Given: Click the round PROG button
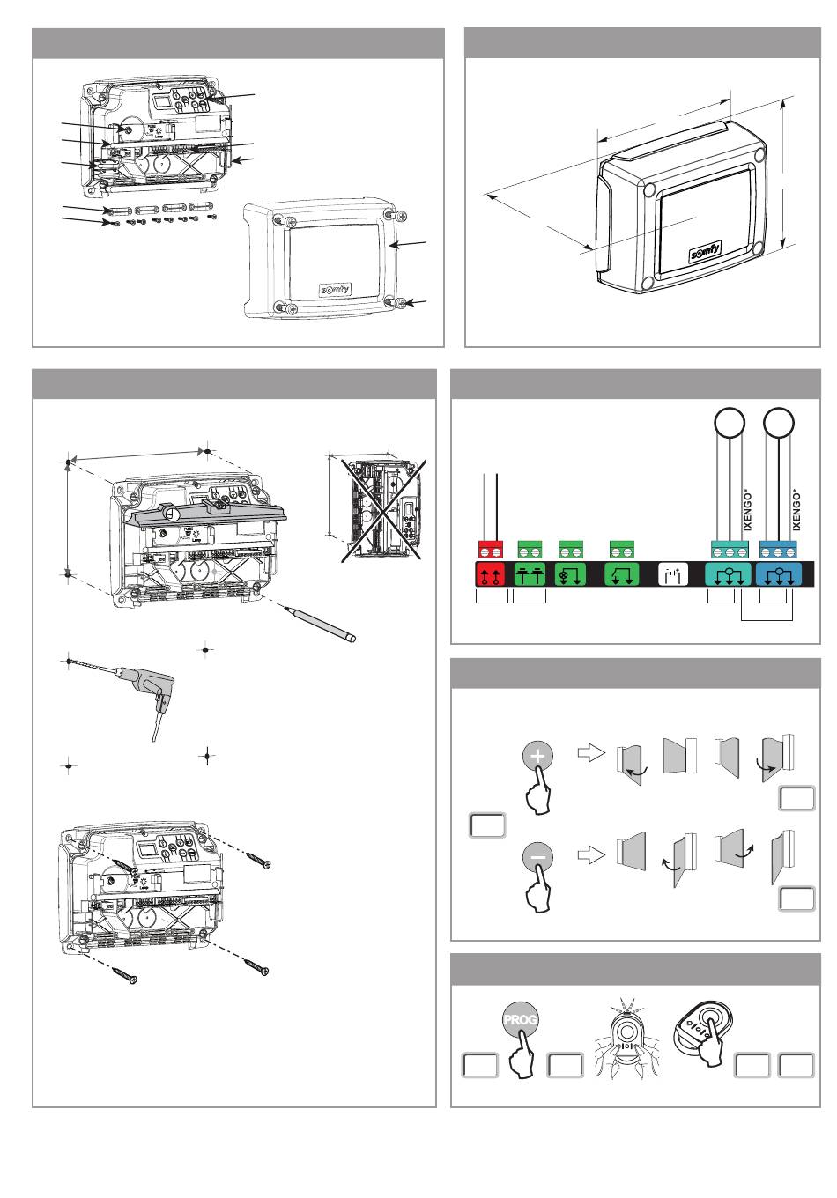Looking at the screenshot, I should [x=520, y=1019].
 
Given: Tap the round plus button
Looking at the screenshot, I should [x=538, y=756].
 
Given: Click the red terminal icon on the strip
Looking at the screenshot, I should [x=492, y=575].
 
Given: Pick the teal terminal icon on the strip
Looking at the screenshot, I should [x=730, y=575].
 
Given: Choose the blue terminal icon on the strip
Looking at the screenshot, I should [x=780, y=575].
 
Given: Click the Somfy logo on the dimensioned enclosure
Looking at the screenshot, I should [x=705, y=252].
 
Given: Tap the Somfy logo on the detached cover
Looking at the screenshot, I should [x=334, y=289].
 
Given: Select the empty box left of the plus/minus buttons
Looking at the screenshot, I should [x=487, y=825].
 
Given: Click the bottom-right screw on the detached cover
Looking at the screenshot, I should [x=399, y=304].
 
